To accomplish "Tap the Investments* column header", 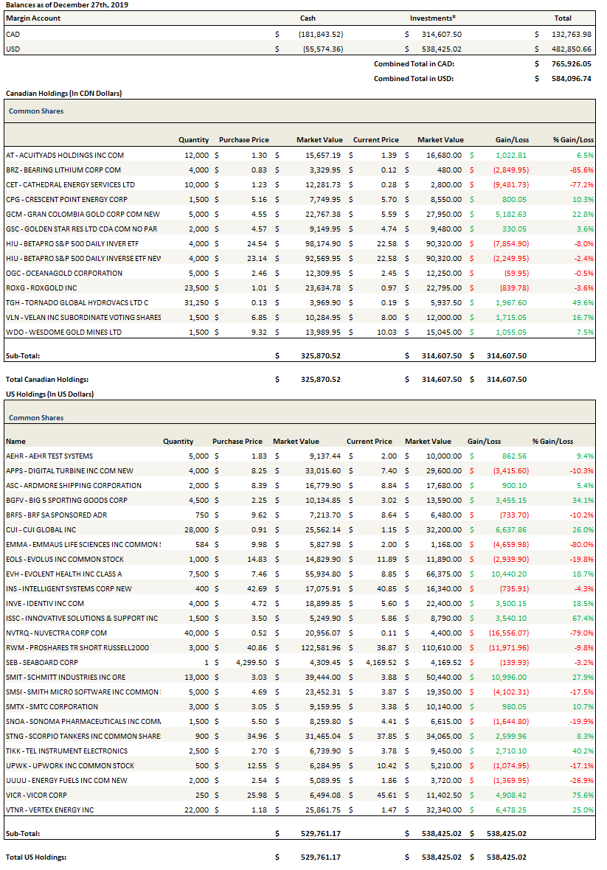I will [432, 18].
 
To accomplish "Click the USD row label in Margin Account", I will [13, 49].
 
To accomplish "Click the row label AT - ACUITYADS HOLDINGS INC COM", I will [65, 155].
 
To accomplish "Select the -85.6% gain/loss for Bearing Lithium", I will [580, 170].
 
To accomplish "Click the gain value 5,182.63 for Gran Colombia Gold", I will [511, 214].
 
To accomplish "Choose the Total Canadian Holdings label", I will [52, 379].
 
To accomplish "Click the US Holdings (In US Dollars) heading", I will [49, 394].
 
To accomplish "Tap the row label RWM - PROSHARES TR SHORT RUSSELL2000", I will [77, 647].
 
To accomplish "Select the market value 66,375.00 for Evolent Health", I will [443, 574].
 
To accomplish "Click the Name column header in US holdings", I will [15, 441].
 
